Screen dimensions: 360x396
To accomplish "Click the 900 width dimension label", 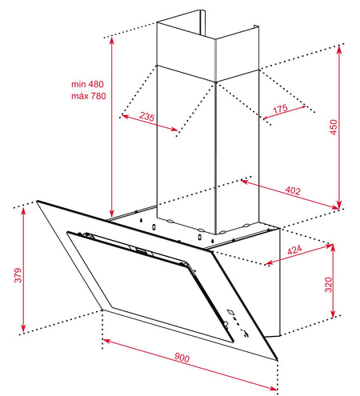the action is coord(182,358).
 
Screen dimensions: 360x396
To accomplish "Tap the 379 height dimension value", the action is coord(18,275).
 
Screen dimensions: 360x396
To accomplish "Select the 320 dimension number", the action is coord(329,285).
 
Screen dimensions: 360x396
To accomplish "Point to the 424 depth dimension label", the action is coord(294,250).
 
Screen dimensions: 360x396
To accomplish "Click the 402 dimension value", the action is coord(293,190).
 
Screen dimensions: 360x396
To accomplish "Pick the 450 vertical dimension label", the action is coord(333,127).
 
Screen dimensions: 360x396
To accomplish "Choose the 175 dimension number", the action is coord(280,109).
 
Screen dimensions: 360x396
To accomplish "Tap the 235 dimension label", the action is coord(147,117).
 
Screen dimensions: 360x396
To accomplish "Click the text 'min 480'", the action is coord(87,84).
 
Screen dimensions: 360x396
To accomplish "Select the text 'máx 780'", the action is coord(89,96).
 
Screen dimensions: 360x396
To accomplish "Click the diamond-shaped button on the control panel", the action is coord(230,312).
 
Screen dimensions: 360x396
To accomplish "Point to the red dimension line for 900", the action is coord(190,365).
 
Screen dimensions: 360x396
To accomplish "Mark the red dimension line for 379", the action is coord(23,270).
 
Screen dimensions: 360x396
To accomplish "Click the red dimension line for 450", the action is coord(339,127).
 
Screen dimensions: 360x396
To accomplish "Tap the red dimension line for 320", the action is coord(333,281).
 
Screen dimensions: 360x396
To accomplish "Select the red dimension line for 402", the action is coord(290,194).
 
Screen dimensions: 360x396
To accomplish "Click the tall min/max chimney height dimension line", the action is coord(112,127).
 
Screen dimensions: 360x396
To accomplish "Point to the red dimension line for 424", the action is coord(299,254).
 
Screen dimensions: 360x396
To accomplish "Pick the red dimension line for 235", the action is coord(150,123).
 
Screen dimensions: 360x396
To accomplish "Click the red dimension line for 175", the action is coord(284,112).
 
